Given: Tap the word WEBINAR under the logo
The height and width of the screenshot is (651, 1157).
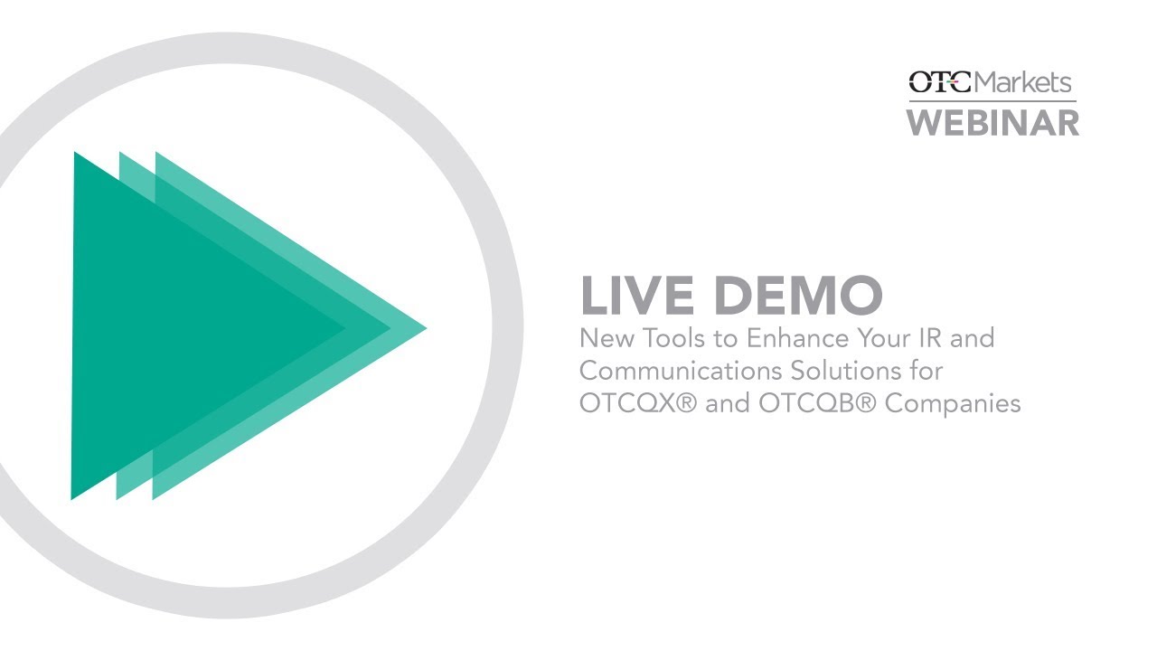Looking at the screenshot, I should point(993,122).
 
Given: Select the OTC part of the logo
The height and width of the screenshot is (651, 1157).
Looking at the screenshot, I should point(940,83).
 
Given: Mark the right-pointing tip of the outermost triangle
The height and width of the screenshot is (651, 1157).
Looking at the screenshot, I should point(425,327).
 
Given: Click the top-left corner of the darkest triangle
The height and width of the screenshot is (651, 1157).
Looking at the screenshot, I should point(76,155).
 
